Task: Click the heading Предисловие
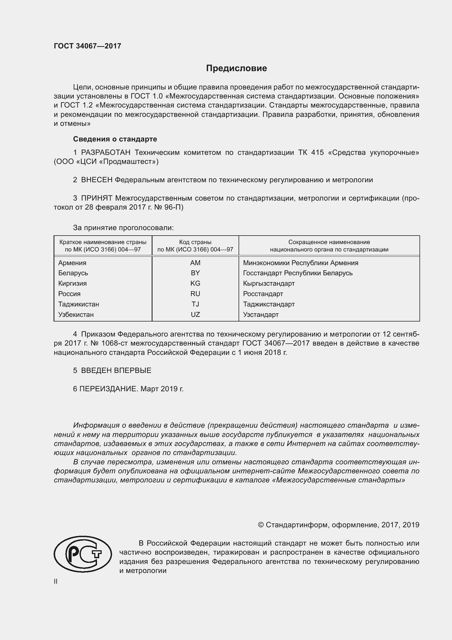(x=236, y=68)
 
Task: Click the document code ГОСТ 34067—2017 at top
(x=87, y=46)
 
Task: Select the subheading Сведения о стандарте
(x=115, y=139)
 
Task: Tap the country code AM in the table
(x=195, y=263)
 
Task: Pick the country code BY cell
(x=195, y=273)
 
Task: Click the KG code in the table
(x=195, y=283)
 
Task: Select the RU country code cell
(x=195, y=294)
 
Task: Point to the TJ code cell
(x=195, y=304)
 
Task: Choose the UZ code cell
(x=195, y=314)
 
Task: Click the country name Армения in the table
(x=72, y=263)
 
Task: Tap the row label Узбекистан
(x=76, y=314)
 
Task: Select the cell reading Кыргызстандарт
(x=269, y=283)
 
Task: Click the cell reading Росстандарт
(x=263, y=294)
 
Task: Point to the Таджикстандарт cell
(x=269, y=304)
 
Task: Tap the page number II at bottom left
(x=56, y=581)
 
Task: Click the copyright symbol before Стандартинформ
(x=260, y=525)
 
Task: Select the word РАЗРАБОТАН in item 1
(x=105, y=152)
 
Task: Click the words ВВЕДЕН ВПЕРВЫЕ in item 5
(x=116, y=370)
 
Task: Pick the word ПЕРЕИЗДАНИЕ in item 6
(x=108, y=389)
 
